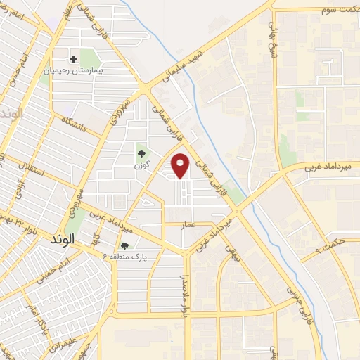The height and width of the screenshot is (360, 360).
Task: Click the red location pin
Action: [181, 165]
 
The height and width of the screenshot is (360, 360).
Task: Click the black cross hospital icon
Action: [73, 58]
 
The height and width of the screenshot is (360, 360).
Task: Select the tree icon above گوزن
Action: [141, 153]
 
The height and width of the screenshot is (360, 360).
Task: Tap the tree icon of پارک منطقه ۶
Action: [124, 246]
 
